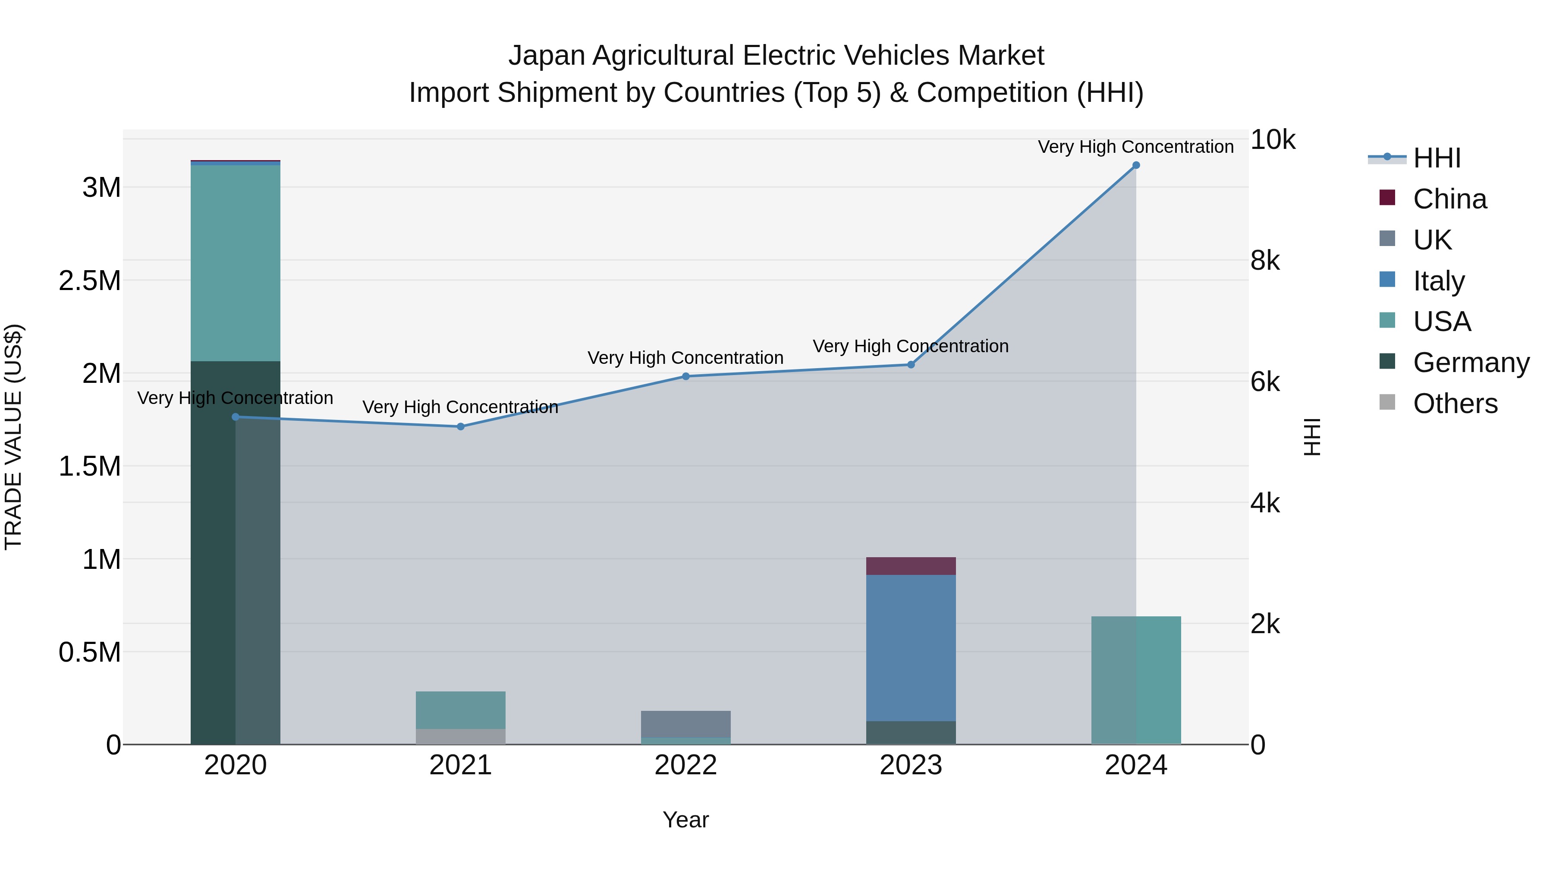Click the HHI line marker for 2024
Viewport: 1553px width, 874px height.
(x=1136, y=165)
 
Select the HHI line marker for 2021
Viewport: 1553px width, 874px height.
(x=461, y=426)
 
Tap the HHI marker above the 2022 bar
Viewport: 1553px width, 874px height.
(x=685, y=376)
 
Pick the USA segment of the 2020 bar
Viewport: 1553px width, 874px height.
(x=235, y=262)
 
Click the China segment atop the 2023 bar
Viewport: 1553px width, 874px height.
(x=911, y=566)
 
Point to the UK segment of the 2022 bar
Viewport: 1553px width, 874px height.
(x=685, y=724)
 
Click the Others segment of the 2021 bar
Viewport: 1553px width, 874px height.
(x=461, y=736)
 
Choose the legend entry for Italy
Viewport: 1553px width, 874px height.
(x=1438, y=281)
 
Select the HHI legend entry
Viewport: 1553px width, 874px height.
(x=1436, y=158)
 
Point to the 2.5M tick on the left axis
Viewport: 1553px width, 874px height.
(x=90, y=281)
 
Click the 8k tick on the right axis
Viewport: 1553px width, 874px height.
(x=1265, y=261)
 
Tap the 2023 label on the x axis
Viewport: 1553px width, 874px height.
(x=911, y=765)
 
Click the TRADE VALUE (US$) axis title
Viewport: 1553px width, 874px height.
(x=13, y=437)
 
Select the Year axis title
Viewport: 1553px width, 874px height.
(x=685, y=820)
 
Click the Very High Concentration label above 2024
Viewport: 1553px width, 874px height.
(x=1136, y=147)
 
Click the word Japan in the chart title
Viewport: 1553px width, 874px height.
(x=546, y=56)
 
